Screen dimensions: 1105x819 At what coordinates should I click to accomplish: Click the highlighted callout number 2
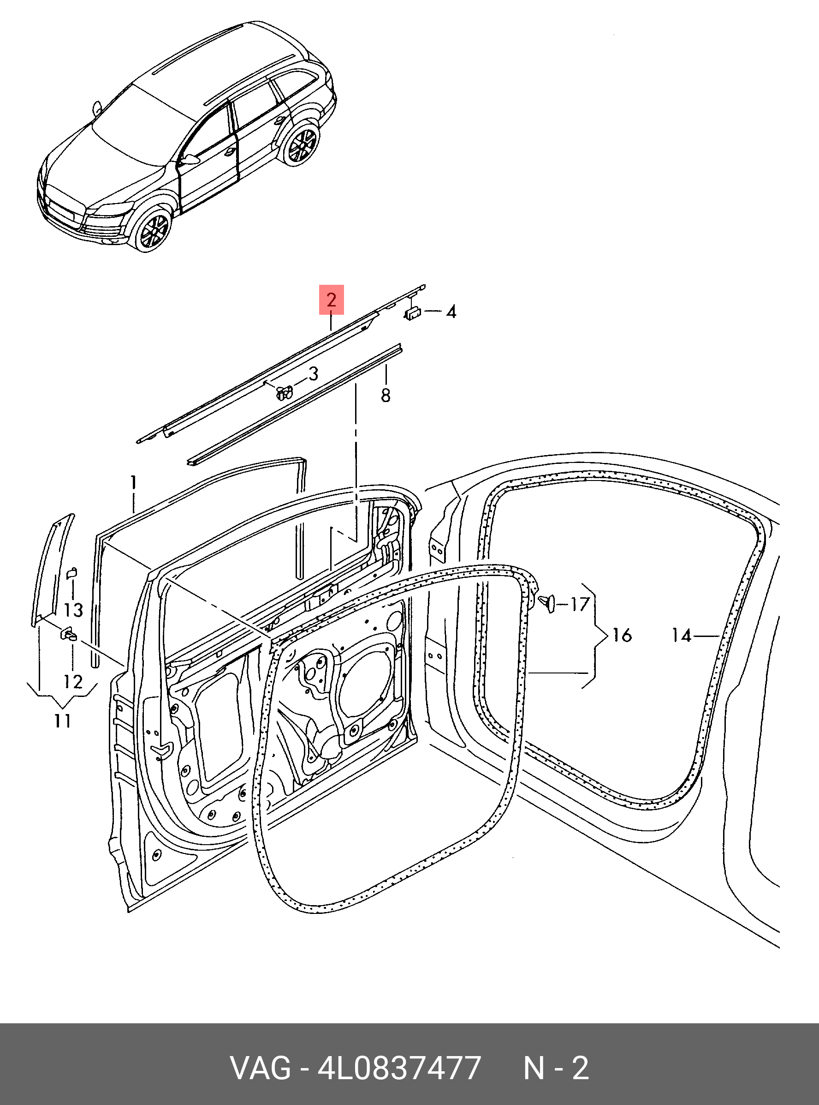[x=331, y=300]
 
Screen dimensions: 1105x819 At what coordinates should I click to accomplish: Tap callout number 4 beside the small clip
[x=451, y=312]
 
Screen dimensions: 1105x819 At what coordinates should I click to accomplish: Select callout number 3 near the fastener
[x=313, y=374]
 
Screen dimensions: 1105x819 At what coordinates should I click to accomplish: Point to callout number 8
[x=385, y=396]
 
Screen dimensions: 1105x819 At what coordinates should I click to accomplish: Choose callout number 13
[x=73, y=610]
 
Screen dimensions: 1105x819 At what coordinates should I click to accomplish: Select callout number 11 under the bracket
[x=62, y=721]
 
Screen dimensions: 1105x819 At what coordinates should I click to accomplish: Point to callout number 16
[x=622, y=635]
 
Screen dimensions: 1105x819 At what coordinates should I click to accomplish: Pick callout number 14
[x=682, y=635]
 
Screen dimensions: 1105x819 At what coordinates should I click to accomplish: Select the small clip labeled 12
[x=68, y=635]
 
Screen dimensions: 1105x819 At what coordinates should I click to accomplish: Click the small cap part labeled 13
[x=71, y=573]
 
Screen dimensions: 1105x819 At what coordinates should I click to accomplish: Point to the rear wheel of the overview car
[x=300, y=144]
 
